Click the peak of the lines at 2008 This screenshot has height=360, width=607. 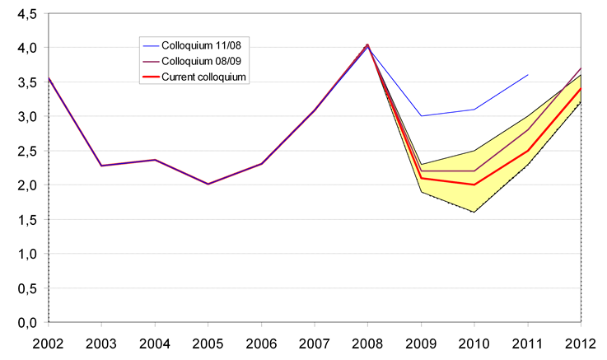click(367, 44)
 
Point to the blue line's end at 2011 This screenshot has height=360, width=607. click(528, 75)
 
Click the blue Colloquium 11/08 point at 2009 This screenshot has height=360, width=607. click(421, 116)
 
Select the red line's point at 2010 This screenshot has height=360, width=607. click(474, 185)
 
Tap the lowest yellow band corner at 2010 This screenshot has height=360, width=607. click(474, 213)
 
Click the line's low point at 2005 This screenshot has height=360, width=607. click(207, 184)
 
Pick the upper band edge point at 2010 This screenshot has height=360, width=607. click(474, 151)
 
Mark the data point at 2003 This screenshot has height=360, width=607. click(100, 166)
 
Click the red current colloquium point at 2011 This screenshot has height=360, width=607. click(528, 151)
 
